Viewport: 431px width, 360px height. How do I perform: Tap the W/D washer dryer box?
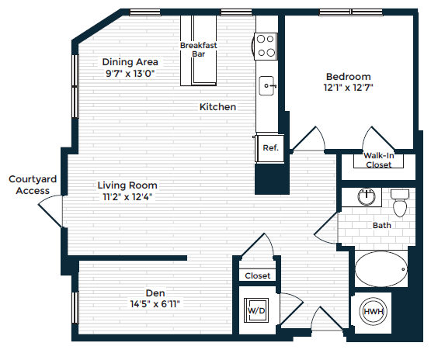click(x=255, y=310)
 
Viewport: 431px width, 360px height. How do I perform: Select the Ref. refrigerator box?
click(x=270, y=147)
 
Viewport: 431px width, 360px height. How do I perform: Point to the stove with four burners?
click(x=266, y=46)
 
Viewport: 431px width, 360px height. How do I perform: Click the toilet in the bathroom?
click(x=400, y=204)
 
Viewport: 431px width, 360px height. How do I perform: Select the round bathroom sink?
click(x=366, y=197)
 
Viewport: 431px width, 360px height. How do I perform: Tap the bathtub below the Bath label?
click(x=381, y=269)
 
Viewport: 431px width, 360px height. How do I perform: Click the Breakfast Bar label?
click(x=198, y=50)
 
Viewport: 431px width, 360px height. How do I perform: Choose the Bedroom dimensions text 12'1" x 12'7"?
click(x=349, y=88)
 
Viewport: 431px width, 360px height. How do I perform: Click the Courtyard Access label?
click(x=30, y=185)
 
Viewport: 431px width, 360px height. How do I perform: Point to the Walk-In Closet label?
click(x=378, y=160)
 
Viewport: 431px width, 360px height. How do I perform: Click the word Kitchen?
click(x=217, y=107)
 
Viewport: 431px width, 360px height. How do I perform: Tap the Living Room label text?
click(x=127, y=185)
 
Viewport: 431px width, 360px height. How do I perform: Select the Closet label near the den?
click(x=257, y=275)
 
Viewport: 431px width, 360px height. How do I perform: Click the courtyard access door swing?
click(x=51, y=209)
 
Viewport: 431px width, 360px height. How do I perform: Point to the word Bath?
click(x=381, y=225)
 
